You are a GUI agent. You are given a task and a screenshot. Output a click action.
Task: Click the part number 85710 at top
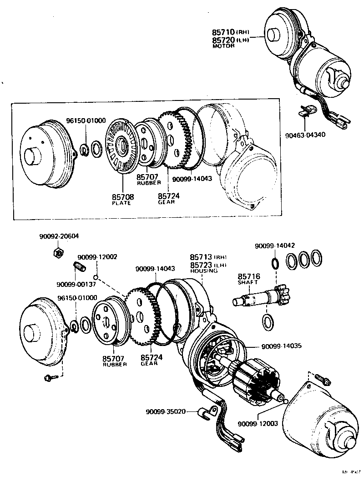pyautogui.click(x=223, y=32)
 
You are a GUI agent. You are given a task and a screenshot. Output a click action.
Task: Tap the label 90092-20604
pyautogui.click(x=59, y=236)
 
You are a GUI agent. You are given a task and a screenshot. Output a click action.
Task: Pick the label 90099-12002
pyautogui.click(x=97, y=257)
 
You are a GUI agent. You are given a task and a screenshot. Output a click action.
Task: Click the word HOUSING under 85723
pyautogui.click(x=204, y=271)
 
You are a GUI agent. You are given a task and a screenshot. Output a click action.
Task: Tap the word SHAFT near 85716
pyautogui.click(x=248, y=282)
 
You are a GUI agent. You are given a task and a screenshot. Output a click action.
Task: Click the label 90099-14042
pyautogui.click(x=275, y=246)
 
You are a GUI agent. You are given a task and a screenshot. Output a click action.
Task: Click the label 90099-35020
pyautogui.click(x=166, y=412)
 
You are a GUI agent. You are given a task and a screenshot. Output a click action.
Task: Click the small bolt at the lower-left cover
pyautogui.click(x=49, y=377)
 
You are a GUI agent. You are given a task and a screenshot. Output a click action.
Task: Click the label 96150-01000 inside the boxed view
pyautogui.click(x=86, y=120)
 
